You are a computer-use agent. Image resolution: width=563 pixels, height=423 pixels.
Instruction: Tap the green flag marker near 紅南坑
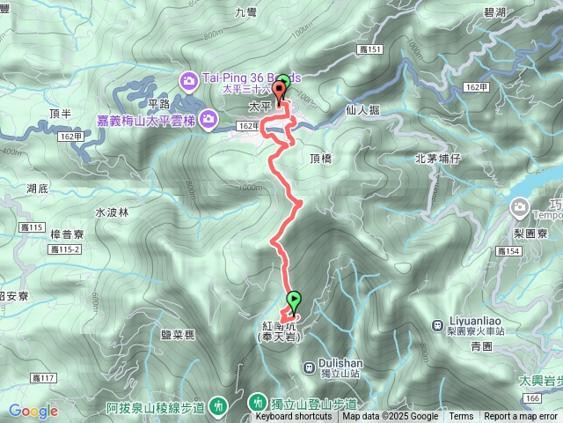click(x=293, y=300)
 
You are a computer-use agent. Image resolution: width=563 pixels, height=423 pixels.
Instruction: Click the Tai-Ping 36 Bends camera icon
click(x=189, y=82)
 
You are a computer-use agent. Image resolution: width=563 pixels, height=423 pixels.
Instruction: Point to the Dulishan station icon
click(x=309, y=367)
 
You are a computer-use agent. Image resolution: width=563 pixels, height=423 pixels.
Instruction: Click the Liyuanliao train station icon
click(x=439, y=323)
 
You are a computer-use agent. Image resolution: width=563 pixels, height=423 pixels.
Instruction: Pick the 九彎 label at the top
click(x=245, y=11)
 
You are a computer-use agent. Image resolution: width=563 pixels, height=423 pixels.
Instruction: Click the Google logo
click(x=33, y=410)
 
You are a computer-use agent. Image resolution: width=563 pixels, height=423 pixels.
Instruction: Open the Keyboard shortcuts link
click(x=294, y=417)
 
